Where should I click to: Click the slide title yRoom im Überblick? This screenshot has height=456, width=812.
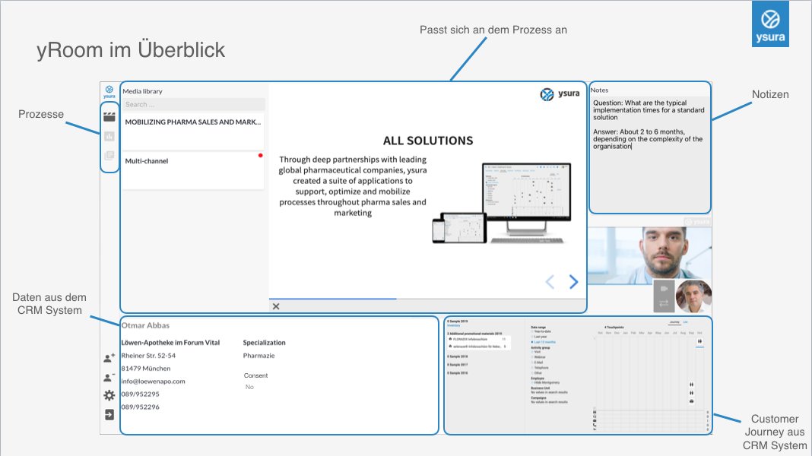point(131,50)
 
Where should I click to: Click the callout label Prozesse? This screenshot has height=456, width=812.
point(41,114)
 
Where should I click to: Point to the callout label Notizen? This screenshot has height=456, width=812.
point(770,95)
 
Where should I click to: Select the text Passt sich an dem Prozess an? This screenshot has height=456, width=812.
point(493,30)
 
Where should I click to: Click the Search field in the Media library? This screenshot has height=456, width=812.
point(194,104)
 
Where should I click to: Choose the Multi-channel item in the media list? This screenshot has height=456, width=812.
point(147,161)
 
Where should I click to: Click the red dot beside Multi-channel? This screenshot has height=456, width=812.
point(260,155)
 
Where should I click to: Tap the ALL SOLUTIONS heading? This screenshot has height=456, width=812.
point(427,141)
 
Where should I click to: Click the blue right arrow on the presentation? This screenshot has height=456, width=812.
point(574,282)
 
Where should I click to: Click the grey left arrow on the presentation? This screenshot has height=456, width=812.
point(550,282)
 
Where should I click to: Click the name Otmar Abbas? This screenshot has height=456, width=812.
point(145,326)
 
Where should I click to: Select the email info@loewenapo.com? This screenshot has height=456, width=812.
point(153,381)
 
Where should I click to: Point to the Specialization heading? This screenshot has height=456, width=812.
point(264,343)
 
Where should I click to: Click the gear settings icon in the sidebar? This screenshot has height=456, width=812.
point(109,395)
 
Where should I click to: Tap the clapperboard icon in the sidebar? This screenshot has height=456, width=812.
point(109,117)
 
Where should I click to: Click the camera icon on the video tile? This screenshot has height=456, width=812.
point(662,289)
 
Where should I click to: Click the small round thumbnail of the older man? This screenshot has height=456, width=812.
point(693,296)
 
